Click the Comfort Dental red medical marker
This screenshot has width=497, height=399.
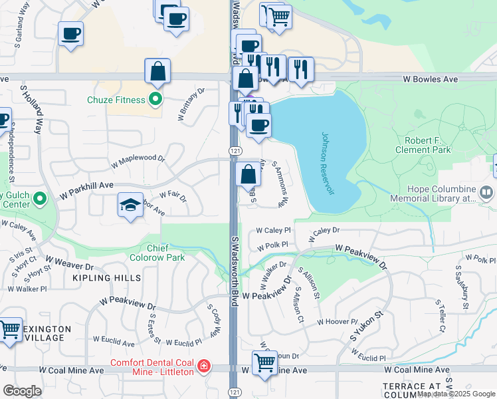pos(203,366)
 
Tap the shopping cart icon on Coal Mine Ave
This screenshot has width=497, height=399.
pos(264,363)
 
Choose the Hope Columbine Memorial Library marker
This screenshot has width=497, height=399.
pos(486,193)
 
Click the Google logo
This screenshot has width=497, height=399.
pos(22,391)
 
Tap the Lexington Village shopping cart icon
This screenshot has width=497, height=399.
pos(9,329)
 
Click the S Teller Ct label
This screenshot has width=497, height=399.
pos(441,316)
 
